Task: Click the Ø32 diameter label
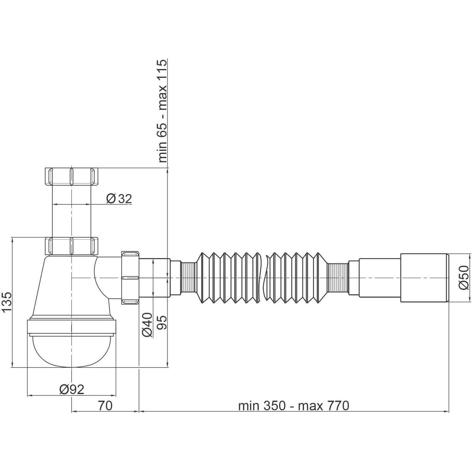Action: [119, 199]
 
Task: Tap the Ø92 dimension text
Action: [72, 389]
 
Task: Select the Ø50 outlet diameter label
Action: [464, 277]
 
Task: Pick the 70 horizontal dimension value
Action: [105, 406]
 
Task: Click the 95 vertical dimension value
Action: [162, 322]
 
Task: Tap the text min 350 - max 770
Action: [294, 406]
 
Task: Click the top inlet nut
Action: [71, 176]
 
